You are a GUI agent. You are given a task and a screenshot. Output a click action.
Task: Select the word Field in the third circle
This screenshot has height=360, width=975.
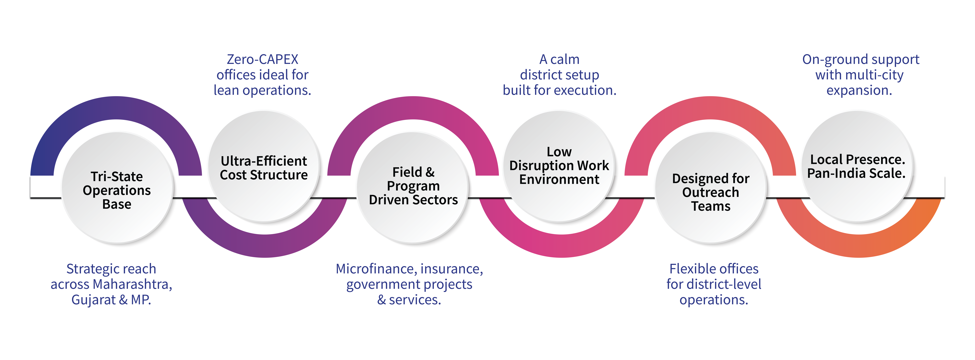(407, 172)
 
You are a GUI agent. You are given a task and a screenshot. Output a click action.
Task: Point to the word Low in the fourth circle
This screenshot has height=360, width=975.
(559, 152)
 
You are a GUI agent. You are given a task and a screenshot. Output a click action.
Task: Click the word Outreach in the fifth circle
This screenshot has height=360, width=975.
(710, 192)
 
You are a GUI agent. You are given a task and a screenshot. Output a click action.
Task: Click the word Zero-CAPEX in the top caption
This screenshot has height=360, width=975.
(262, 59)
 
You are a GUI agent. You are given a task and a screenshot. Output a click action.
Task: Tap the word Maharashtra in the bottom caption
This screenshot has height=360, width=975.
(133, 284)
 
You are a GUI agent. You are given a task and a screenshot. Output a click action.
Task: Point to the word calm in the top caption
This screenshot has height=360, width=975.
(565, 59)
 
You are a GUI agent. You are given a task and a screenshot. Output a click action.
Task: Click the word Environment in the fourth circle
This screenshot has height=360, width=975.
(559, 179)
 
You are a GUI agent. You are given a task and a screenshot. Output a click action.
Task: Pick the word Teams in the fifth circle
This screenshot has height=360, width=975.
(710, 206)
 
